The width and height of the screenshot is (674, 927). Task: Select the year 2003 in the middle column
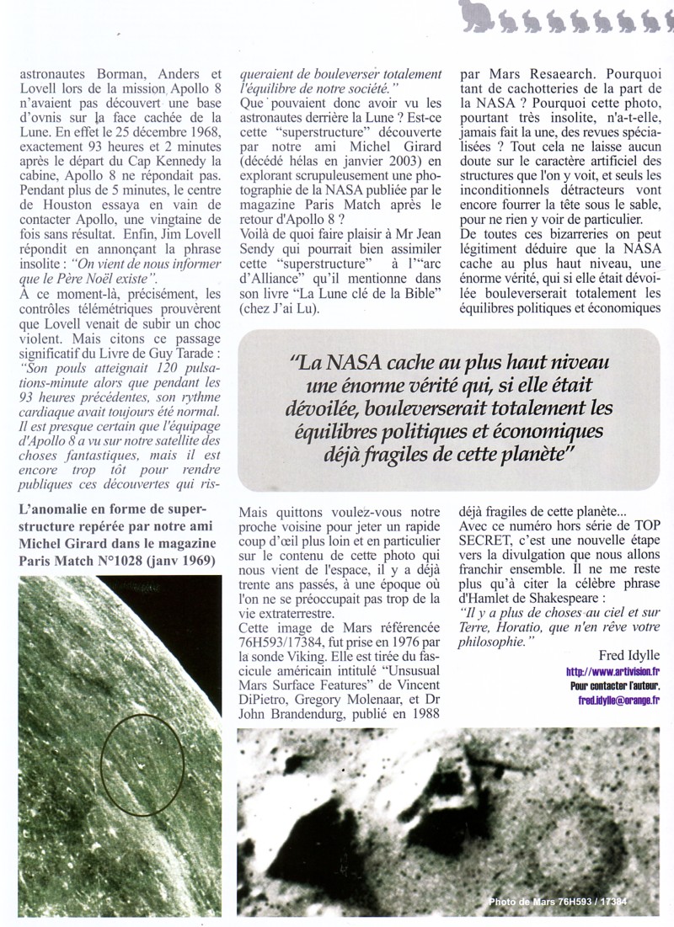tap(366, 156)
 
